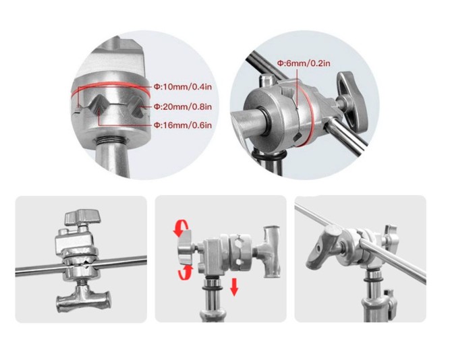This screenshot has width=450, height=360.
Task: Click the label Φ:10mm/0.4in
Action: [183, 87]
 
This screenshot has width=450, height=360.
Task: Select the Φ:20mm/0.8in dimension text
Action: [183, 107]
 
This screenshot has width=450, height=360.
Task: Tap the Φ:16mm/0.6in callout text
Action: [183, 125]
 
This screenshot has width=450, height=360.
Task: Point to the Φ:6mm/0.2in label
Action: [304, 63]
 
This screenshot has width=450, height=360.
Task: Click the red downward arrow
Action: [235, 287]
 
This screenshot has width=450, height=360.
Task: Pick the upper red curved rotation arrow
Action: [181, 228]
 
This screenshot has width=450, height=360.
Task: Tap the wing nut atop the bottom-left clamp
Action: [83, 216]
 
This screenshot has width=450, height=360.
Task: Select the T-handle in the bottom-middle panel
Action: [269, 251]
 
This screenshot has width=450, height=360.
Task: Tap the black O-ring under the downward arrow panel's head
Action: [213, 288]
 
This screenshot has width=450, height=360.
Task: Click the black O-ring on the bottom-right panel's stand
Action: [375, 280]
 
